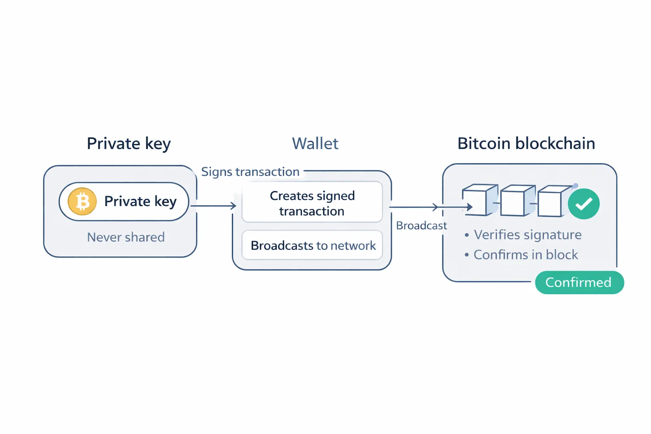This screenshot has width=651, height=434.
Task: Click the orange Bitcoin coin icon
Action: click(x=82, y=201)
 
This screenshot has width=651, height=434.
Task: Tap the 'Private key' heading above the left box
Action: click(x=128, y=144)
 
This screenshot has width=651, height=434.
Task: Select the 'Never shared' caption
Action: click(x=126, y=237)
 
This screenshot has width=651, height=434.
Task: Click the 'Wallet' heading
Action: click(x=315, y=144)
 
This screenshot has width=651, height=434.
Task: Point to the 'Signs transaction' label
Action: click(x=250, y=172)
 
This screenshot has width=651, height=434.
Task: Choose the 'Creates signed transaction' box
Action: click(x=312, y=202)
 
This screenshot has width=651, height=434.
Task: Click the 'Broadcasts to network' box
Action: click(x=312, y=245)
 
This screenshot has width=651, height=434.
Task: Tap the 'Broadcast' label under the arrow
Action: click(x=421, y=225)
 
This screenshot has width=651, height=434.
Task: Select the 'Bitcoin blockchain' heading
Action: click(x=526, y=144)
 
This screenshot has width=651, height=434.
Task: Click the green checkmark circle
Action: click(x=584, y=204)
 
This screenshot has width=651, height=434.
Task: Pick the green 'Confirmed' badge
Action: click(x=579, y=282)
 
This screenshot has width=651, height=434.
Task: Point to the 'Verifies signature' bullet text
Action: click(x=527, y=235)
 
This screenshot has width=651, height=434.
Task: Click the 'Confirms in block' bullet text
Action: click(x=526, y=255)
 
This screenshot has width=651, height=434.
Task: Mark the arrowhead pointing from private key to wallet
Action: click(x=234, y=206)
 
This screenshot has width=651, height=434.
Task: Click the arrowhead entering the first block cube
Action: click(x=470, y=207)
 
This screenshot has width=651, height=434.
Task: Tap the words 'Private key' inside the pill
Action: click(x=140, y=201)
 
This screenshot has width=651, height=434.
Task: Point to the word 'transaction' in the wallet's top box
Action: click(x=312, y=211)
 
